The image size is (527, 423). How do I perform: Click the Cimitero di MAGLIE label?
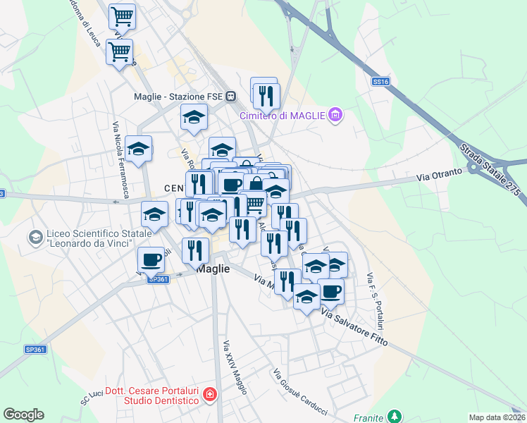(281, 115)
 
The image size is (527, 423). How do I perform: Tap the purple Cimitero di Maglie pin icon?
(335, 114)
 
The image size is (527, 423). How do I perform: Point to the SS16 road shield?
(380, 82)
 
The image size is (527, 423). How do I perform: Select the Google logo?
(23, 415)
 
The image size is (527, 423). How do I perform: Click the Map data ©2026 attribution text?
(496, 417)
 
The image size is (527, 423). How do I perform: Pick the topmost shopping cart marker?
(123, 16)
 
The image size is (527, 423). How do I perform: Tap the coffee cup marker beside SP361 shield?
(151, 259)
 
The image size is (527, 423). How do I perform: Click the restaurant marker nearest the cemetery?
(266, 94)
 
